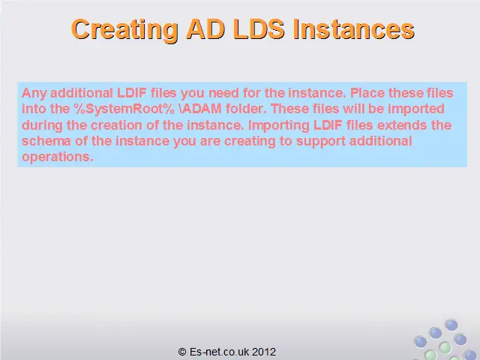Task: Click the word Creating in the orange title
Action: point(125,30)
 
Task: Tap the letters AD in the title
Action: point(205,29)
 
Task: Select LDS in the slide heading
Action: point(259,29)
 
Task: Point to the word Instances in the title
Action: point(353,29)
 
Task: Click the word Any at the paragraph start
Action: point(34,93)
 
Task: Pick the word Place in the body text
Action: point(367,93)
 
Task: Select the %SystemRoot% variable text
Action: point(124,109)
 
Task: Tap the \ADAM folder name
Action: point(200,109)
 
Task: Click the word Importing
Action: point(278,126)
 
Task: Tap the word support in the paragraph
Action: point(321,142)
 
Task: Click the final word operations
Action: point(57,157)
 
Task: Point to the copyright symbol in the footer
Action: point(182,352)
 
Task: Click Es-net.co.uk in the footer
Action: point(219,352)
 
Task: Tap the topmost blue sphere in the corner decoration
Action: point(451,325)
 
